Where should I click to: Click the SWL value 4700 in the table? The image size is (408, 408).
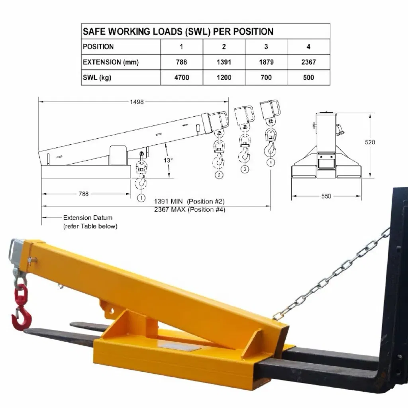click(x=181, y=77)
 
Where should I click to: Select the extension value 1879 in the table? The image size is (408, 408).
click(x=266, y=62)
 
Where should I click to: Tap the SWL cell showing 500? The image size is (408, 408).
click(x=308, y=77)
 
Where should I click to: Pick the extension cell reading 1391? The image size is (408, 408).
click(x=224, y=62)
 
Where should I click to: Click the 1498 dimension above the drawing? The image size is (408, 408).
click(x=137, y=102)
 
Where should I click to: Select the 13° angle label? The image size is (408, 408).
click(x=169, y=160)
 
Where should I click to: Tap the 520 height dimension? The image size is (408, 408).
click(x=370, y=142)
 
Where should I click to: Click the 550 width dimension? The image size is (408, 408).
click(x=326, y=196)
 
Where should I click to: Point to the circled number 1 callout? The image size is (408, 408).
click(x=141, y=197)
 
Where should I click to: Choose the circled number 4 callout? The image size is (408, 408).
click(x=271, y=162)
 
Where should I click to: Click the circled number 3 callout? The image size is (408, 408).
click(x=245, y=169)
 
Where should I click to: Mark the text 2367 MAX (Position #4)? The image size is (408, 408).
click(x=190, y=210)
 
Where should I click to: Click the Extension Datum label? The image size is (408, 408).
click(x=88, y=218)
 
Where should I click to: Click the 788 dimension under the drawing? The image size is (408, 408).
click(x=83, y=194)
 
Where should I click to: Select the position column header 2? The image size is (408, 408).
click(x=224, y=47)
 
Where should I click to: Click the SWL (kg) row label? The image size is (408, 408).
click(x=97, y=77)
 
